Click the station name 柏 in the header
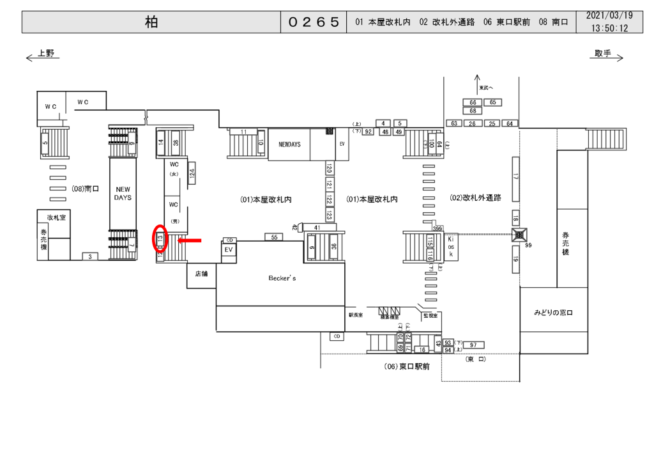click(x=151, y=22)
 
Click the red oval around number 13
click(x=160, y=241)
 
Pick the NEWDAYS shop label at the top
click(x=289, y=145)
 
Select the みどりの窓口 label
click(x=554, y=313)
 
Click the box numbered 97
click(x=473, y=345)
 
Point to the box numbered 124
click(x=192, y=173)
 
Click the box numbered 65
click(x=492, y=102)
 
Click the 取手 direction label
click(x=602, y=54)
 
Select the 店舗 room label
click(x=201, y=274)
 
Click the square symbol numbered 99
click(x=519, y=235)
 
